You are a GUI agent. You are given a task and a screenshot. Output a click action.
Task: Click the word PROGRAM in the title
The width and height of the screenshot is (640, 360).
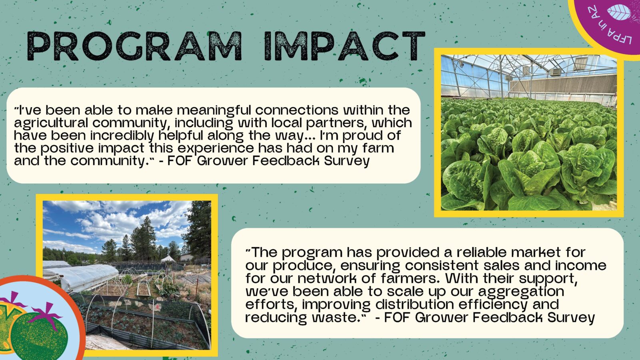134,46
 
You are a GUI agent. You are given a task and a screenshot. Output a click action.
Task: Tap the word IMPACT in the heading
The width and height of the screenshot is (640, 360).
344,46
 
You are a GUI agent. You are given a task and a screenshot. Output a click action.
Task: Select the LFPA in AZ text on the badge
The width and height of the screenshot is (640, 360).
606,27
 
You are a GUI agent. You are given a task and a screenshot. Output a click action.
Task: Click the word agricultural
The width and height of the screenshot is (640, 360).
51,123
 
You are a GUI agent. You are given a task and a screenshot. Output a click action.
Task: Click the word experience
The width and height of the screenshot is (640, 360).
216,148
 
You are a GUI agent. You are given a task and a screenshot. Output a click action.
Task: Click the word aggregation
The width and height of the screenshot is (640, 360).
521,292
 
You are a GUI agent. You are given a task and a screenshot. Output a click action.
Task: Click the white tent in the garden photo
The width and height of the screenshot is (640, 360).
168,259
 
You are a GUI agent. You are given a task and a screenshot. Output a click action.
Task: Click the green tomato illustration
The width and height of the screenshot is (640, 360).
40,336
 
